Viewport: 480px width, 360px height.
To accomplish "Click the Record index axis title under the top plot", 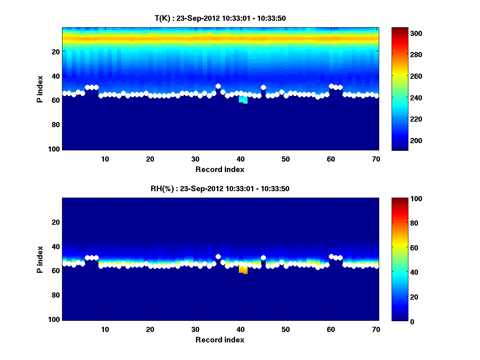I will tap(220, 169).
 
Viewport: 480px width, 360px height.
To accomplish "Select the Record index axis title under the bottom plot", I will tap(220, 340).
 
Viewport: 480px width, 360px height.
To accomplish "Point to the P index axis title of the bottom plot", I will tap(40, 259).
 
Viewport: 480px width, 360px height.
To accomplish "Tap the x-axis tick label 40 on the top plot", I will tap(240, 159).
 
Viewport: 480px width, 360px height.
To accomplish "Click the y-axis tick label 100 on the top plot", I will tap(55, 149).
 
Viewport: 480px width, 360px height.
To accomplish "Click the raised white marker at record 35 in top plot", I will tap(218, 86).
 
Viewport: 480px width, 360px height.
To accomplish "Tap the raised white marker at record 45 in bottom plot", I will tap(263, 258).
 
